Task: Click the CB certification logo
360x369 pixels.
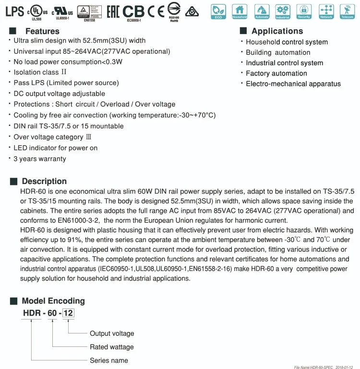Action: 134,11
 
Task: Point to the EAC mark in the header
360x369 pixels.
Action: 112,11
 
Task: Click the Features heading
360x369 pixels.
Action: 42,31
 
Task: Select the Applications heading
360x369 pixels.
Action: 277,31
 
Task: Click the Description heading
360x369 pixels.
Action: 44,181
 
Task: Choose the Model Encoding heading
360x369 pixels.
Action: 53,301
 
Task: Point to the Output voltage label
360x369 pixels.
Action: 112,333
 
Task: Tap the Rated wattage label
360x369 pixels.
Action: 112,347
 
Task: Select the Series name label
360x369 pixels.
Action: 109,360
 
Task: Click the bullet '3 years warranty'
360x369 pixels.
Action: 40,159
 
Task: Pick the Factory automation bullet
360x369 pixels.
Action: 276,73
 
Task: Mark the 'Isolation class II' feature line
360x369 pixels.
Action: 40,72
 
